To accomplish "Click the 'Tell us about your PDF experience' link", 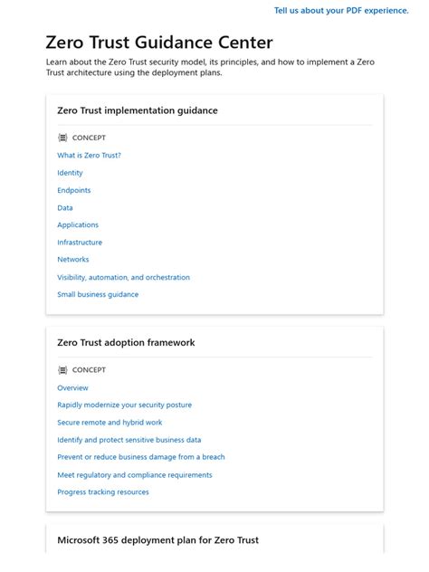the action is point(341,11).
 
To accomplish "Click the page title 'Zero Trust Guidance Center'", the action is point(159,43).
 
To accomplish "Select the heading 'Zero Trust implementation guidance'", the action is point(138,110).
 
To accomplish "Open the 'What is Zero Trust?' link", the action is point(89,156).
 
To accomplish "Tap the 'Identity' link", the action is point(70,173).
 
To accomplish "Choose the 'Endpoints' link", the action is point(74,190).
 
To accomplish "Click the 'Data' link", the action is point(65,208).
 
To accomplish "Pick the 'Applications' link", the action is point(78,225).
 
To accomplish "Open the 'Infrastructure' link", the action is point(80,243).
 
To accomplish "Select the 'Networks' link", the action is point(73,260).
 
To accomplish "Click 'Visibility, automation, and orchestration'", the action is point(123,277).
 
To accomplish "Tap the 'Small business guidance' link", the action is point(98,294).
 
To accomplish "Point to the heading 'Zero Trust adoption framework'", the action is point(126,343).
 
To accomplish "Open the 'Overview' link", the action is point(72,387).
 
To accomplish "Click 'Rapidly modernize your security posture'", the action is point(124,405).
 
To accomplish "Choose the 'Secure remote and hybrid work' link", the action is point(110,423).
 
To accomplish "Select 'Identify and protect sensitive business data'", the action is point(129,440).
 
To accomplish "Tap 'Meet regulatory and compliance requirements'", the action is point(134,475).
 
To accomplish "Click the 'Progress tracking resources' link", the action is point(102,492).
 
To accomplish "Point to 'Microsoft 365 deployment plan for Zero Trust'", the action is point(157,540).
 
